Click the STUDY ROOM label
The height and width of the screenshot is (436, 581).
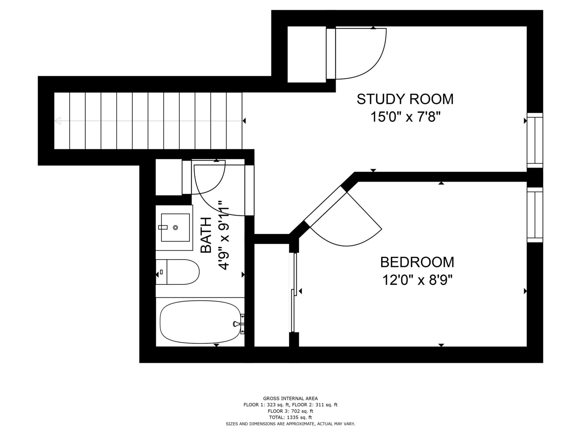tap(405, 99)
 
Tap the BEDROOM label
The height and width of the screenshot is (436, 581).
tap(417, 262)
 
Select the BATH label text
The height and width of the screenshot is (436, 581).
tap(206, 235)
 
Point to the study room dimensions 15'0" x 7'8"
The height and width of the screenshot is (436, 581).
tap(405, 117)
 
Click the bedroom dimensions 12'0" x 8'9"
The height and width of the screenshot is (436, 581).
tap(417, 280)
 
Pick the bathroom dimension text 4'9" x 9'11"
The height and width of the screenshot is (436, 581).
tap(224, 235)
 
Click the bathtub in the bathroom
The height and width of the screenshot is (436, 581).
tap(200, 323)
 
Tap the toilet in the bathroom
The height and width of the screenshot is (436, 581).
tap(177, 272)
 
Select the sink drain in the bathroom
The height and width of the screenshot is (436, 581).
tap(176, 227)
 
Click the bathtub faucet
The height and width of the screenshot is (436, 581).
tap(239, 324)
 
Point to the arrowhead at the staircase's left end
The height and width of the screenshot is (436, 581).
tap(57, 121)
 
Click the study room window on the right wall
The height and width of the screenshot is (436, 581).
tap(535, 140)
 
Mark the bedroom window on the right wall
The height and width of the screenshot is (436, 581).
tap(535, 215)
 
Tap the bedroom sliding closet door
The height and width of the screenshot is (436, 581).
tap(294, 292)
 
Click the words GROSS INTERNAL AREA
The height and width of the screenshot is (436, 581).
tap(290, 398)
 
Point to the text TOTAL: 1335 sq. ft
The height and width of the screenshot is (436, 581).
tap(290, 417)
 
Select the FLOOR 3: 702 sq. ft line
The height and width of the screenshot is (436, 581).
tap(290, 411)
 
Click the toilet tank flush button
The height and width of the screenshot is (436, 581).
tap(161, 272)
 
